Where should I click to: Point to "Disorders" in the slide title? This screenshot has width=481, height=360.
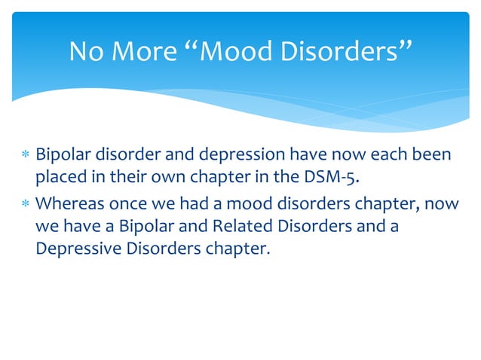pyautogui.click(x=351, y=51)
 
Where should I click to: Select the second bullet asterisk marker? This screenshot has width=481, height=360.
pyautogui.click(x=26, y=203)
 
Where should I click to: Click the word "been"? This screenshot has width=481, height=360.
pyautogui.click(x=431, y=156)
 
